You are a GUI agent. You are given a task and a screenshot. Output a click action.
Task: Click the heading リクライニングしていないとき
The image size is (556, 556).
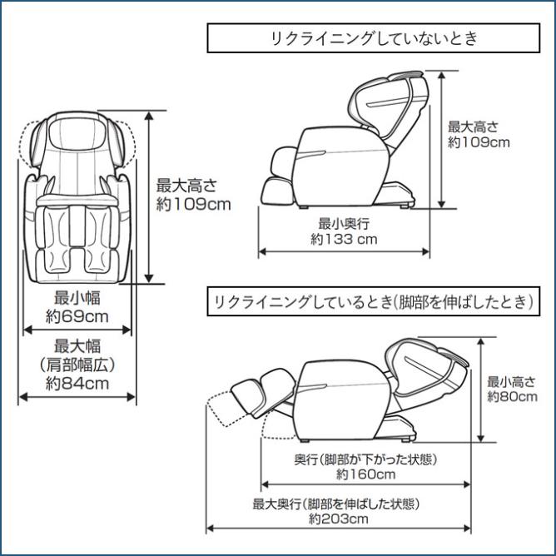(374, 38)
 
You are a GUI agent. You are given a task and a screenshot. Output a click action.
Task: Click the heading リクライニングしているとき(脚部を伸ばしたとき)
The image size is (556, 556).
(374, 302)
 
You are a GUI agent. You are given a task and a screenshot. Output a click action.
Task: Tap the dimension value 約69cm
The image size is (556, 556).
(77, 316)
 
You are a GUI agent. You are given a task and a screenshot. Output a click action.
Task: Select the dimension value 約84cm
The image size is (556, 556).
(77, 384)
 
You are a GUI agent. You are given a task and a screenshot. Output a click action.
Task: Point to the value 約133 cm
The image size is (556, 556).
(344, 239)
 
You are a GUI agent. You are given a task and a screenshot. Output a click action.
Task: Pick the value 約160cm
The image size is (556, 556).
(365, 474)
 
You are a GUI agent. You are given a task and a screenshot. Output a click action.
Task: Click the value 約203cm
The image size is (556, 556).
(338, 519)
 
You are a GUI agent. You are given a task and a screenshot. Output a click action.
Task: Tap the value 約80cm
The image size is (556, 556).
(512, 396)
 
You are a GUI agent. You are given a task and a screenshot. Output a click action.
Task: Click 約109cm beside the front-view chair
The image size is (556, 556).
(194, 204)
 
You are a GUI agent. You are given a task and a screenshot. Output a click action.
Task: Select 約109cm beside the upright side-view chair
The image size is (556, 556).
(479, 142)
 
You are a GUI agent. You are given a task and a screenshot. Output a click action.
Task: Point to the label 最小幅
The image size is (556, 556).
(77, 298)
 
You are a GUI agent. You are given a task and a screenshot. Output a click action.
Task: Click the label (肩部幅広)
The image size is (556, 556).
(77, 365)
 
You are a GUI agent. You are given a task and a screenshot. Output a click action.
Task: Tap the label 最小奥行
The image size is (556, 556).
(344, 223)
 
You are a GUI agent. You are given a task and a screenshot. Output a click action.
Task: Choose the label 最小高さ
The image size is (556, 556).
(511, 381)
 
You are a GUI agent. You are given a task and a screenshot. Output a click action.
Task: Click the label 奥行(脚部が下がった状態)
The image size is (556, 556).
(365, 459)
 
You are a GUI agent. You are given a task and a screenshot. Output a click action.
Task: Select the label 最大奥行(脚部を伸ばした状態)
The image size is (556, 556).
(335, 504)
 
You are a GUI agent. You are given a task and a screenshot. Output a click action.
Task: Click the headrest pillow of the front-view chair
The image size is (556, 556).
(77, 133)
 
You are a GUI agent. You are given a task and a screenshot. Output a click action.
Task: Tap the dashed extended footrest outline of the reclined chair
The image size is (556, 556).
(226, 408)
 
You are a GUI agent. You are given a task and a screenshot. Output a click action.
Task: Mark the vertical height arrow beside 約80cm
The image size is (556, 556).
(481, 390)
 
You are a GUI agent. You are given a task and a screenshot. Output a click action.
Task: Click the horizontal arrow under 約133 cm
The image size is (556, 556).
(344, 251)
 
